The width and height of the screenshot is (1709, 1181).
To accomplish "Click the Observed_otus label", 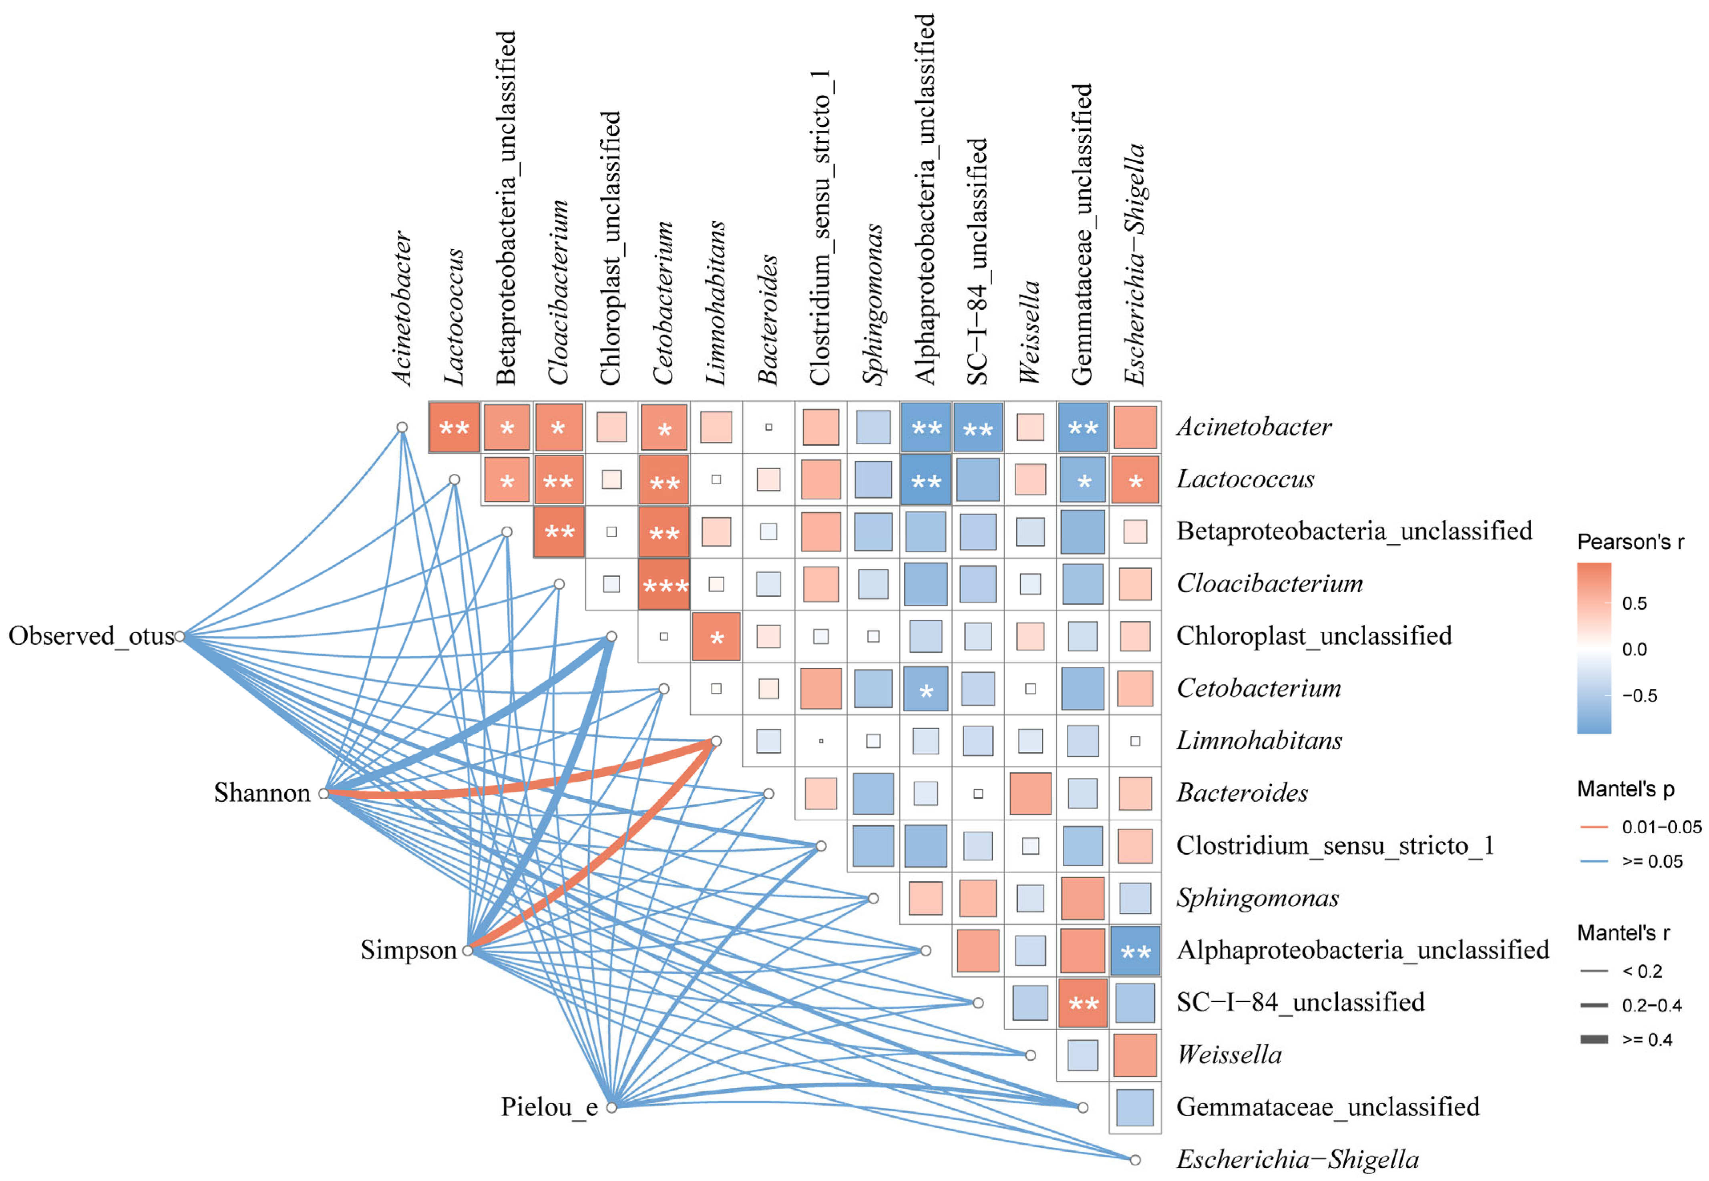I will [91, 636].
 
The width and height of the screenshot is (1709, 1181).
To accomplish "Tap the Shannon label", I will [262, 792].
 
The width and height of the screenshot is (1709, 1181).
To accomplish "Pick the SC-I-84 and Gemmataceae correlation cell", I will [1083, 1003].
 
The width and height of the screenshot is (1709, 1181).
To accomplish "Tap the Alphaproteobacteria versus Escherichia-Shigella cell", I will [1135, 951].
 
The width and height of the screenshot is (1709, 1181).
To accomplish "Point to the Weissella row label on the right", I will [1229, 1055].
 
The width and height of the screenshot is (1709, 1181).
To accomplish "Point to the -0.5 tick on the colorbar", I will [1639, 696].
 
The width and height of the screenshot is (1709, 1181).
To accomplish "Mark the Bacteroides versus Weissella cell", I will [1030, 793].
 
